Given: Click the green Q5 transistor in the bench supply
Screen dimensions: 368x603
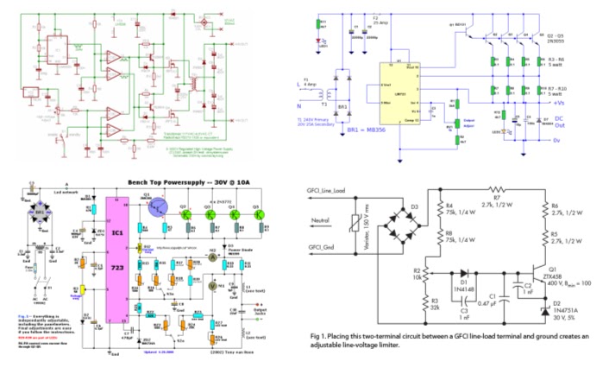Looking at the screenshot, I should point(209,215).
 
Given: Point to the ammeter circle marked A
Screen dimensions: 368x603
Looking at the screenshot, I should point(210,257).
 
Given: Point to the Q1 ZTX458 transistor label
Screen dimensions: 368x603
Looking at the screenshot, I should point(554,274).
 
